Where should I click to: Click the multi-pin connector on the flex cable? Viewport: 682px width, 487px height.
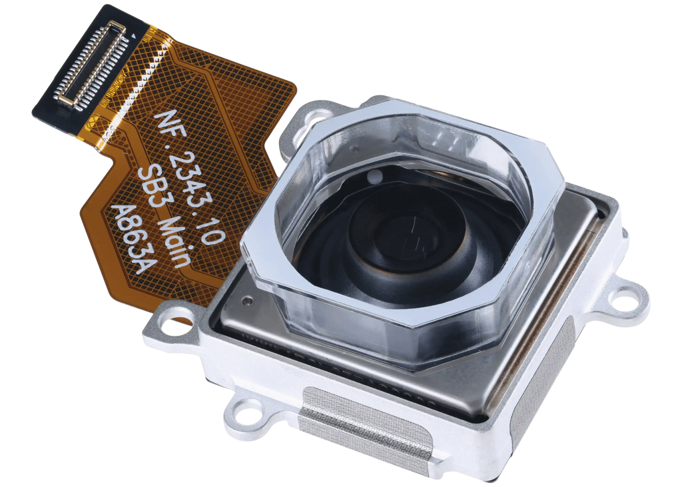click(92, 63)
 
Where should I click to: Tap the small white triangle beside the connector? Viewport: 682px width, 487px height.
click(133, 38)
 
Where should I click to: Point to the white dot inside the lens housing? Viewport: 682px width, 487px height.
click(374, 177)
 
